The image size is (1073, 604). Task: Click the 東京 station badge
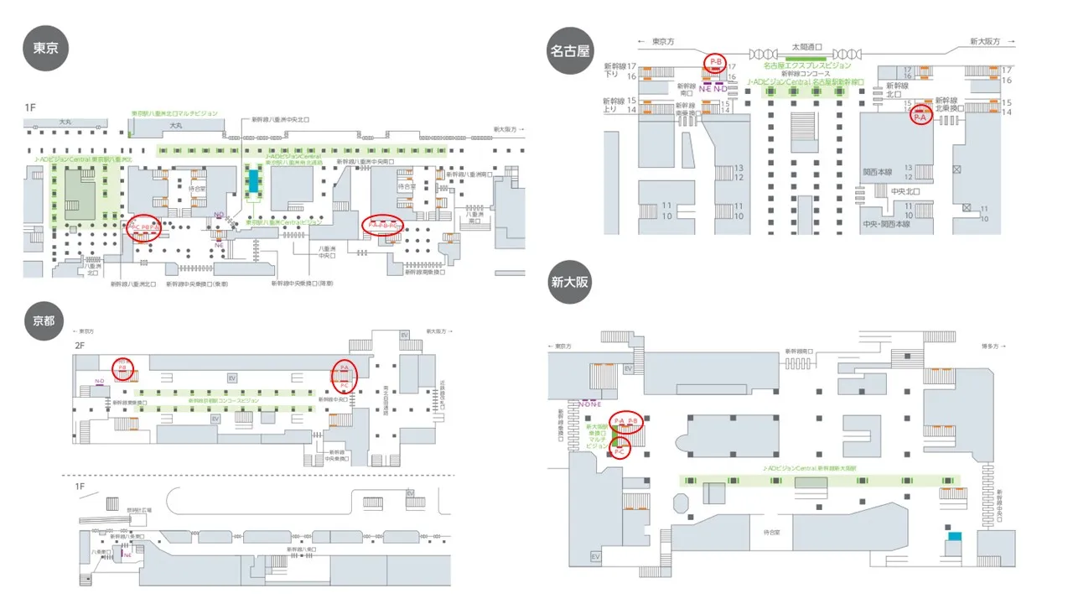point(45,49)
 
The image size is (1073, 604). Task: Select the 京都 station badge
point(44,320)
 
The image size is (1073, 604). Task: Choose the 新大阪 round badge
point(569,283)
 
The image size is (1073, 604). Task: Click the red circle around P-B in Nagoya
point(715,62)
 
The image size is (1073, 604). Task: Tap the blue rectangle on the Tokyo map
point(253,180)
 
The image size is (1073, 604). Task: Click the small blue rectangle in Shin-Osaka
point(954,535)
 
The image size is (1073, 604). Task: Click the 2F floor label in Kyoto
point(80,345)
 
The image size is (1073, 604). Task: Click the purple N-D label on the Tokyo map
point(219,215)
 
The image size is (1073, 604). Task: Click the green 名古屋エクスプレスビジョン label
point(806,65)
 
